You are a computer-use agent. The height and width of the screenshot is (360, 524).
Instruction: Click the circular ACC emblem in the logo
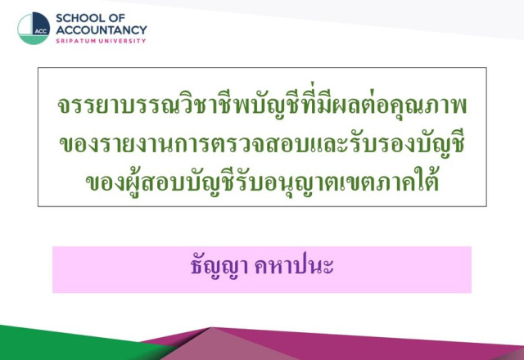(x=34, y=29)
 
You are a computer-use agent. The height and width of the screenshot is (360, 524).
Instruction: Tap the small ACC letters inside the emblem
(x=41, y=31)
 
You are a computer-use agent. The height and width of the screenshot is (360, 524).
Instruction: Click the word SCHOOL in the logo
(x=80, y=18)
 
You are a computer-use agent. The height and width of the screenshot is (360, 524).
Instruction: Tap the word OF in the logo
(x=116, y=18)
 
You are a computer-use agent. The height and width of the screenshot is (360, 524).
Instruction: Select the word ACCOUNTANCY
(x=102, y=30)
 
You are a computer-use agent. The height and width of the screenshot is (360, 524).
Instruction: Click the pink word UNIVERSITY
(x=122, y=41)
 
